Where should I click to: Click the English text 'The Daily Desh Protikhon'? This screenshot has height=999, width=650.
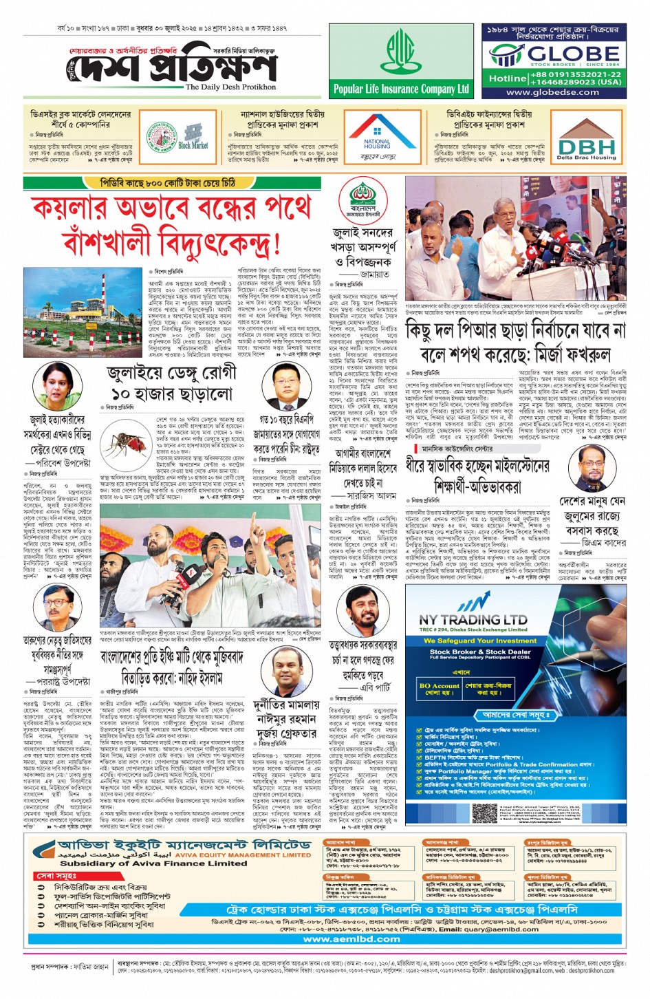(x=230, y=87)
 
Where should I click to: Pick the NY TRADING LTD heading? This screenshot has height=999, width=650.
(x=473, y=619)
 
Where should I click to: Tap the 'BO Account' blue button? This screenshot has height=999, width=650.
(x=439, y=686)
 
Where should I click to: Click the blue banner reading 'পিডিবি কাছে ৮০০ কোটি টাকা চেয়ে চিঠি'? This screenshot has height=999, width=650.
(x=168, y=183)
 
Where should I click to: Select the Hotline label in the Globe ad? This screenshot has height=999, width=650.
(x=508, y=78)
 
